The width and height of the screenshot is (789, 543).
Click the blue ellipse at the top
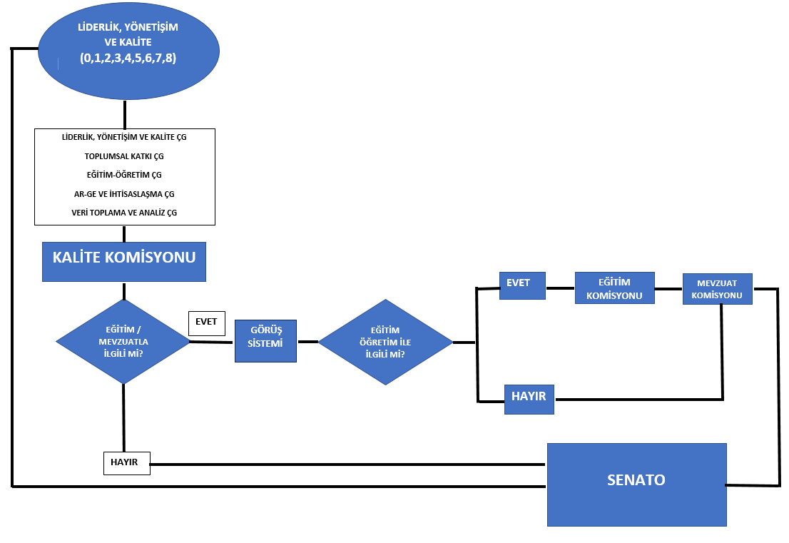coord(128,50)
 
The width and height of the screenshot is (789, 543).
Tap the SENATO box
coord(636,484)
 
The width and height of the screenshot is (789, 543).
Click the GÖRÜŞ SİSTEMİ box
coord(266,340)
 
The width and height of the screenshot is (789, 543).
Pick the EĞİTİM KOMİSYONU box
coord(614,288)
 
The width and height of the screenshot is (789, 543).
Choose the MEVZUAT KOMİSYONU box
coord(717,289)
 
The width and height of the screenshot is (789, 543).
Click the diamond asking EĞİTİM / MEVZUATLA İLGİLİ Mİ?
coord(123,341)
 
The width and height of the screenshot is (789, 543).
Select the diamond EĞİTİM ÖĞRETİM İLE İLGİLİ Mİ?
coord(385,342)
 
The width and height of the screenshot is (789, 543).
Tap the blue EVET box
coord(522,284)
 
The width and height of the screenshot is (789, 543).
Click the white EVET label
coord(206,323)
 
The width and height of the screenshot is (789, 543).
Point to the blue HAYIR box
coord(529,398)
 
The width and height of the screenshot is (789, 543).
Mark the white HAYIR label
coord(126,462)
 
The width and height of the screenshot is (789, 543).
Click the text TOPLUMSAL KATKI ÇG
coord(124,156)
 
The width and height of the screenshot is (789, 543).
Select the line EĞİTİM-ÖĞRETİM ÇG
coord(124,174)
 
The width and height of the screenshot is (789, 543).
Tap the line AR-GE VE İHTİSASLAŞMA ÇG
coord(124,193)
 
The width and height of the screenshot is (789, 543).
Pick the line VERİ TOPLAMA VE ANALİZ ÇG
coord(124,213)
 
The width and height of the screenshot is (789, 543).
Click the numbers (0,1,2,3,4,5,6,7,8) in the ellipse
coord(128,59)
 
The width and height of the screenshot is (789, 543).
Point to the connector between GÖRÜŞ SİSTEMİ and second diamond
coord(307,342)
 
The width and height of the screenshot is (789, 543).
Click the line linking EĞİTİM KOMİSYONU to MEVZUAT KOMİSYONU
coord(668,289)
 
